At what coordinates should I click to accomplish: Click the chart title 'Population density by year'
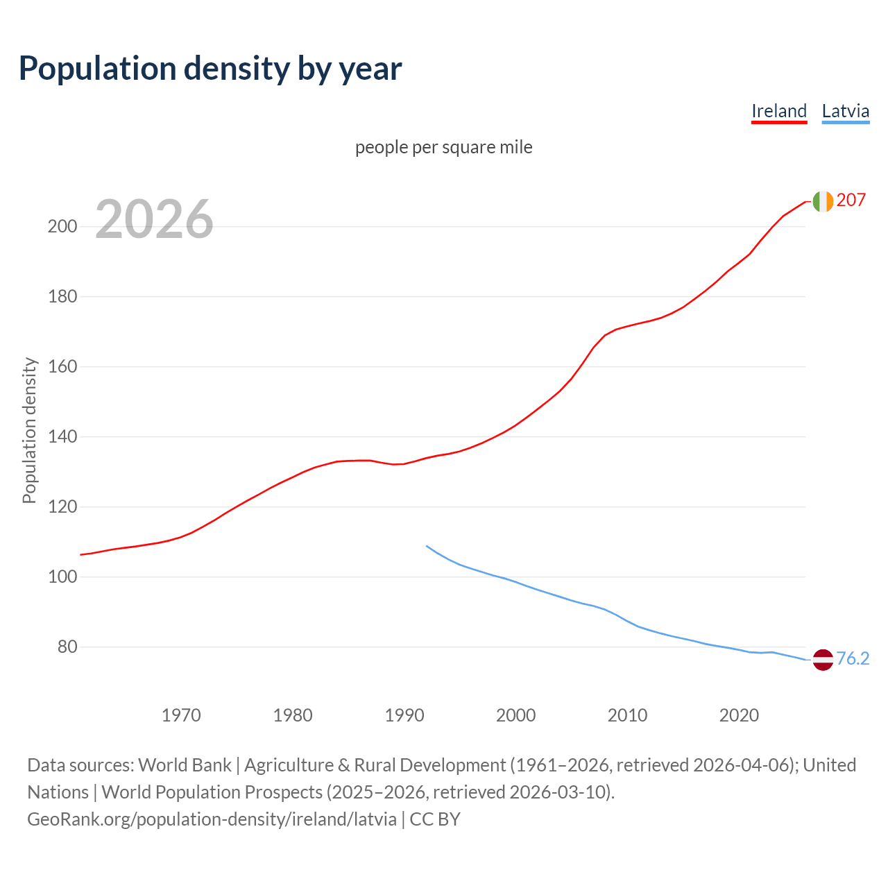coord(210,69)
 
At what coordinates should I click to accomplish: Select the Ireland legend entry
coord(779,111)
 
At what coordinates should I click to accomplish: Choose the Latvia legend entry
coord(845,111)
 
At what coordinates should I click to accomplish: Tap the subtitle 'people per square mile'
coord(443,147)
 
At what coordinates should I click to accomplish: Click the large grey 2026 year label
coord(154,219)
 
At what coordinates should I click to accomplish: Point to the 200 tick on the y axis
coord(62,227)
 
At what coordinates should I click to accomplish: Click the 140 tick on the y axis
coord(62,437)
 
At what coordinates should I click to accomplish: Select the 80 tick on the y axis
coord(67,647)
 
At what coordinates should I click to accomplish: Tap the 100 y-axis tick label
coord(62,577)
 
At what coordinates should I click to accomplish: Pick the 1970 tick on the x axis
coord(181,715)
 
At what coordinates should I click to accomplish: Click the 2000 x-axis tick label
coord(515,715)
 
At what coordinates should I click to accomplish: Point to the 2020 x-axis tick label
coord(739,715)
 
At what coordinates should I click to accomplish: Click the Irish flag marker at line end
coord(823,201)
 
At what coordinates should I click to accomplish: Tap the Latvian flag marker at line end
coord(823,660)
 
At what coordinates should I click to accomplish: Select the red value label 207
coord(851,200)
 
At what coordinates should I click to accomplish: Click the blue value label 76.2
coord(853,659)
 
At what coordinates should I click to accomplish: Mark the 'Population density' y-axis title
coord(29,430)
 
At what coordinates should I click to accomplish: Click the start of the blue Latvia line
coord(427,546)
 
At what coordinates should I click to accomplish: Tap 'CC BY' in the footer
coord(435,819)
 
